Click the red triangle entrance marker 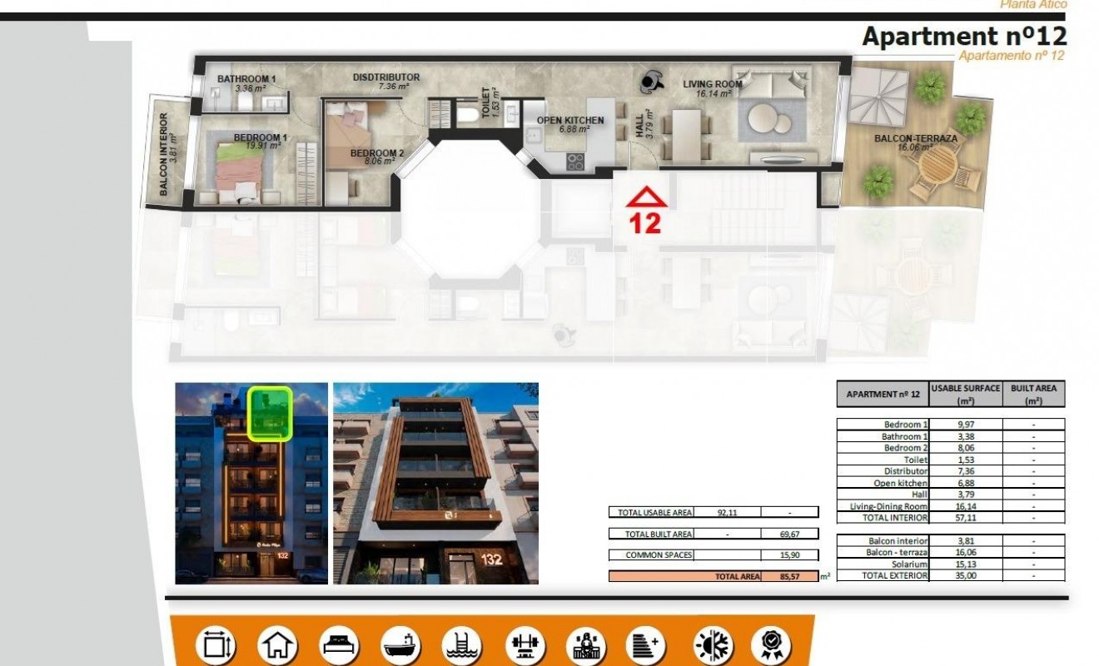pyautogui.click(x=646, y=197)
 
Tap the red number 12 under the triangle pyautogui.click(x=646, y=222)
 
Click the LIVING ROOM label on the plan pyautogui.click(x=713, y=84)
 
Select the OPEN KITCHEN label pyautogui.click(x=570, y=121)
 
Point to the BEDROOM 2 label pyautogui.click(x=376, y=153)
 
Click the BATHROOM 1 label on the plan pyautogui.click(x=246, y=79)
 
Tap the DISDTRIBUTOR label pyautogui.click(x=385, y=77)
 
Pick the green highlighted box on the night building pyautogui.click(x=271, y=413)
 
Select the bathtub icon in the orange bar pyautogui.click(x=402, y=646)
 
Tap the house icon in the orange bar pyautogui.click(x=277, y=646)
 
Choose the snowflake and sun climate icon pyautogui.click(x=713, y=646)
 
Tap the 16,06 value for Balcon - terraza pyautogui.click(x=966, y=552)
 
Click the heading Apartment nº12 pyautogui.click(x=964, y=37)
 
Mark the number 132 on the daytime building pyautogui.click(x=491, y=559)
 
